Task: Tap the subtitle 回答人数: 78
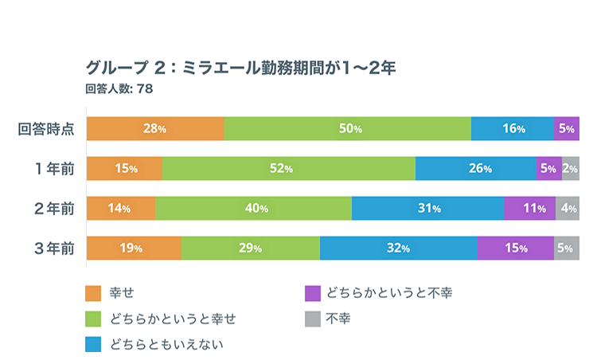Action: pos(119,88)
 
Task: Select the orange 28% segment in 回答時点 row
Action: pos(155,129)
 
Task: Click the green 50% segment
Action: pos(348,129)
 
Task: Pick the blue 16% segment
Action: pos(512,129)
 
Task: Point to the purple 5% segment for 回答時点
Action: pos(566,129)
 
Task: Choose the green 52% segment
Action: pos(288,169)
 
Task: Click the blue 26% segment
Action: pos(476,169)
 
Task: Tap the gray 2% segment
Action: pos(571,169)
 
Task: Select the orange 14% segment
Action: pos(120,209)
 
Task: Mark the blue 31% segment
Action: pos(427,209)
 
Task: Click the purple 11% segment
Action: pos(529,209)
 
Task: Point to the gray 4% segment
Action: pos(568,209)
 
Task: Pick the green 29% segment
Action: pos(250,248)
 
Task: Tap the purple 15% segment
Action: pos(515,248)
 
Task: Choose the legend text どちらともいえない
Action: pos(167,344)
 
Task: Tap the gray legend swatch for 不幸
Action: pos(313,319)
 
